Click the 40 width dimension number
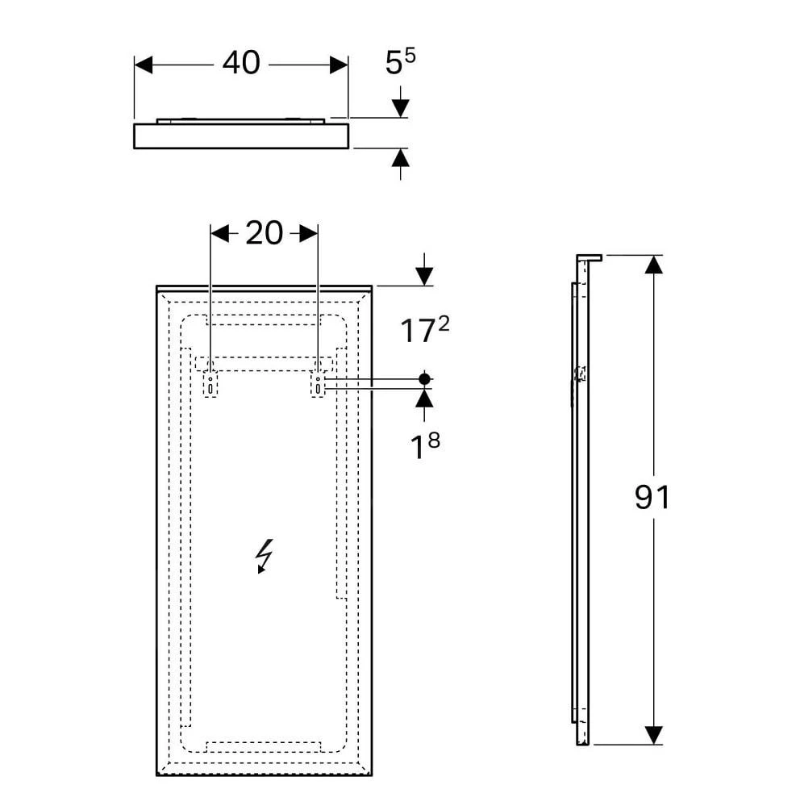(241, 63)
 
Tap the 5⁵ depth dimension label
(400, 61)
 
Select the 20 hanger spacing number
(264, 233)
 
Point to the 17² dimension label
(424, 329)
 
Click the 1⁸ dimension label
(424, 445)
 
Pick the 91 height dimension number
(652, 497)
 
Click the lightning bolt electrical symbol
(264, 557)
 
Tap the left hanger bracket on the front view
(210, 384)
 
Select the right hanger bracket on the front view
(318, 384)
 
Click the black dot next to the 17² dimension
(424, 379)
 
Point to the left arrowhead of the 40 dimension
(144, 65)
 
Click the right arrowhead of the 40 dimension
(339, 65)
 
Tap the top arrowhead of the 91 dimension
(654, 265)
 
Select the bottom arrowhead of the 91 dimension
(654, 735)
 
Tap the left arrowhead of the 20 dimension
(220, 233)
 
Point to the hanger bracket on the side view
(581, 374)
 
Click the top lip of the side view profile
(590, 257)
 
